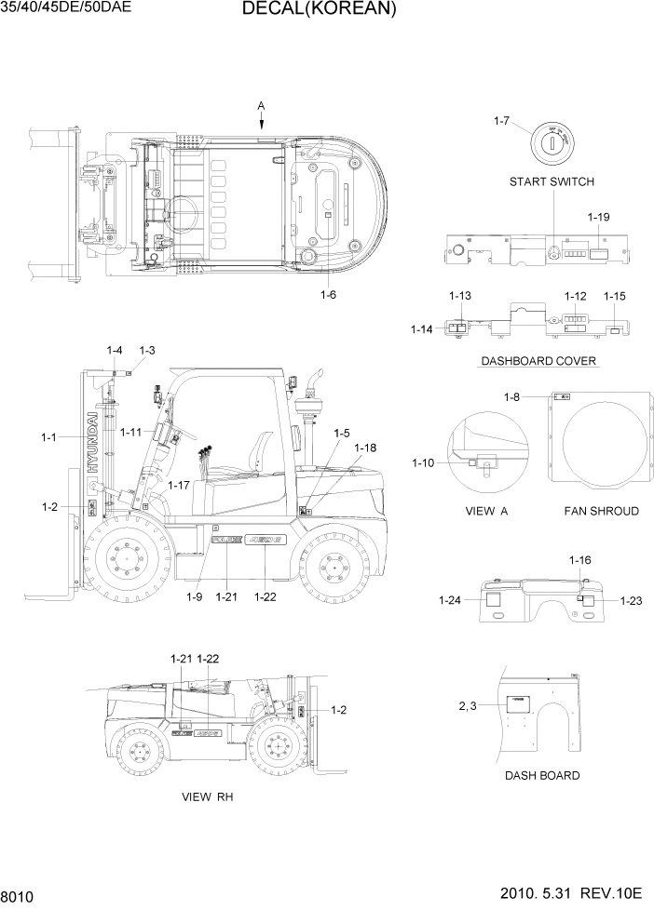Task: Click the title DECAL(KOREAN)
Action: (319, 10)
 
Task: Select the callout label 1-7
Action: (501, 121)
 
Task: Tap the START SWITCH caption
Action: (551, 181)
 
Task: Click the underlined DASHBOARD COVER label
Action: (538, 361)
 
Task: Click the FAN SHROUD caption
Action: (601, 511)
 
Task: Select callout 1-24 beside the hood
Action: (451, 601)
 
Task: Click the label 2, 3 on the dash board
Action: (469, 707)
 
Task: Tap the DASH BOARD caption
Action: (541, 775)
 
